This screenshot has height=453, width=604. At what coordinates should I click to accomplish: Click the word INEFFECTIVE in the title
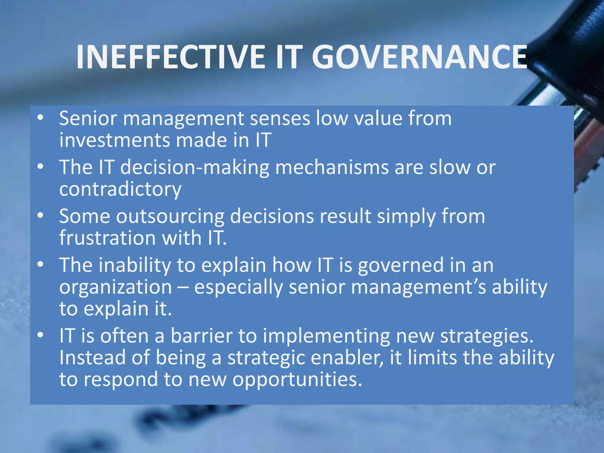171,58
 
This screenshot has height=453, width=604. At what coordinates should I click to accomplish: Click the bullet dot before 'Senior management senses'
40,118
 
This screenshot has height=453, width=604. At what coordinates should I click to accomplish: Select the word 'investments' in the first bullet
114,140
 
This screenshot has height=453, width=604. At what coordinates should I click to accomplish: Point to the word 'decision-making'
195,168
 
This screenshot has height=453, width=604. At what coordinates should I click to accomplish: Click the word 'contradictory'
120,189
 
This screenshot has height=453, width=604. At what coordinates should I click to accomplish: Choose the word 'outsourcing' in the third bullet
170,216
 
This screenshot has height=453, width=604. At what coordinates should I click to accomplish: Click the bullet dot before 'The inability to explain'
40,265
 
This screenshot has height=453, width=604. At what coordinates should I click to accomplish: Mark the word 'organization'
116,287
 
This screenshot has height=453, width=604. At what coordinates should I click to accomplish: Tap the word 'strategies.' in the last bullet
487,337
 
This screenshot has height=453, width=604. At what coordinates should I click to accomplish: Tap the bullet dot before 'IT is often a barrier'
40,335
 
